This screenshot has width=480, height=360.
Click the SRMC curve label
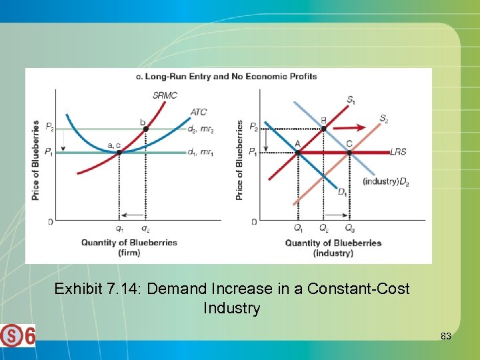click(x=165, y=95)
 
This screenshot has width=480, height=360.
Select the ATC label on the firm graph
click(x=199, y=112)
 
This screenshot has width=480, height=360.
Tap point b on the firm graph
click(x=146, y=129)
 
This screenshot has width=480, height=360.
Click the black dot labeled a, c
click(x=119, y=153)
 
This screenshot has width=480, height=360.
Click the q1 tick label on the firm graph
click(x=119, y=228)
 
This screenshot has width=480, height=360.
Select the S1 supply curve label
click(x=351, y=100)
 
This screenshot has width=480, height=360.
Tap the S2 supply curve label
click(x=384, y=119)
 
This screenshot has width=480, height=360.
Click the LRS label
click(x=398, y=152)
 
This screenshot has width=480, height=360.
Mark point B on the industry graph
click(x=323, y=129)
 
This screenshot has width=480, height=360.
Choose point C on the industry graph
click(x=349, y=153)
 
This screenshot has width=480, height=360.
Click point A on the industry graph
click(x=298, y=153)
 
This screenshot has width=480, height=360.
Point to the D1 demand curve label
click(x=343, y=193)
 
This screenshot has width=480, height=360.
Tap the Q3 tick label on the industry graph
click(x=349, y=228)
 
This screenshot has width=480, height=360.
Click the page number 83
click(x=445, y=337)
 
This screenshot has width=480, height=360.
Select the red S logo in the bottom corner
click(x=11, y=335)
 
